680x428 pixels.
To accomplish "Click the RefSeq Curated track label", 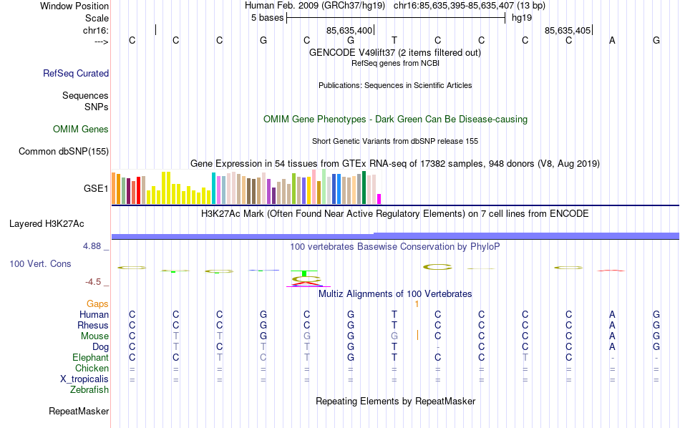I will point(76,73).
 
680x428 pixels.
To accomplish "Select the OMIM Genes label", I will point(81,130).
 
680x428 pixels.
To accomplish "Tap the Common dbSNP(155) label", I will point(64,151).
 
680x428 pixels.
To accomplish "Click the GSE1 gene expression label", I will point(96,189).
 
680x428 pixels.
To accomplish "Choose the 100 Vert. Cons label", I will point(40,264).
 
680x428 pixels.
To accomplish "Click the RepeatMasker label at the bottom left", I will point(79,412).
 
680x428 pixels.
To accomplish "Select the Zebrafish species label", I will point(89,390).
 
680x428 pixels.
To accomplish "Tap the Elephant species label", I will point(90,358).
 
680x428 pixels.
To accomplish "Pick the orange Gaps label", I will point(98,304).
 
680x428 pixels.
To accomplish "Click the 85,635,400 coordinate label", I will point(349,31).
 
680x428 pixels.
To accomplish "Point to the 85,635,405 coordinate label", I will point(568,31).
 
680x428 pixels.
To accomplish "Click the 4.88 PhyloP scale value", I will point(94,246).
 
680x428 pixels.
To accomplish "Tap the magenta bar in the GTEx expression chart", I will point(379,198).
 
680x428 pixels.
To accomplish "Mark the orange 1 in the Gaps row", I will point(416,304).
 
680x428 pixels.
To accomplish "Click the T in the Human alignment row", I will point(394,315).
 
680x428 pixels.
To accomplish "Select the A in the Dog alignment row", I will point(612,347).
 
